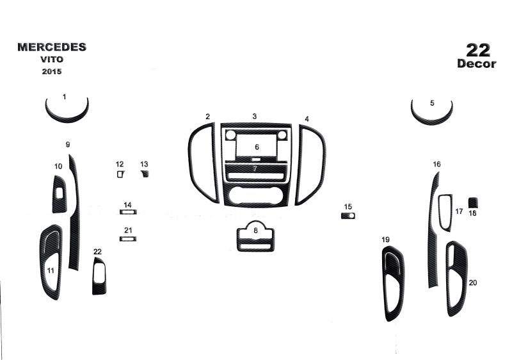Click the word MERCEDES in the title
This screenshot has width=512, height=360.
pos(52,47)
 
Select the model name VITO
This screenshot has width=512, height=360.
pos(52,60)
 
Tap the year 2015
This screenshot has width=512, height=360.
pos(52,71)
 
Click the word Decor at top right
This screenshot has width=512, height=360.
pos(477,63)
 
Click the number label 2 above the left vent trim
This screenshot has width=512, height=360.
pos(207,117)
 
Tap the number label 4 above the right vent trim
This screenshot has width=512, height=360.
pos(307,119)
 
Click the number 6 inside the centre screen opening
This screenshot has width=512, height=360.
pos(257,147)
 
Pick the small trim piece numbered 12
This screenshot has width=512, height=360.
pos(120,174)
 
